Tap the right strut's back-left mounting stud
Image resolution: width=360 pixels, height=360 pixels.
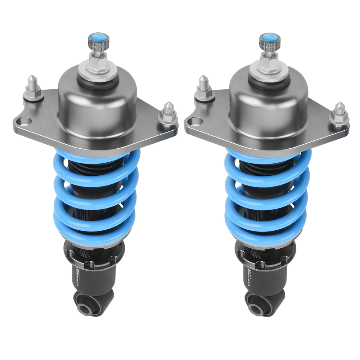[204, 89]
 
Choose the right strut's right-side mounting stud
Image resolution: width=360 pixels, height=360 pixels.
[339, 114]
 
